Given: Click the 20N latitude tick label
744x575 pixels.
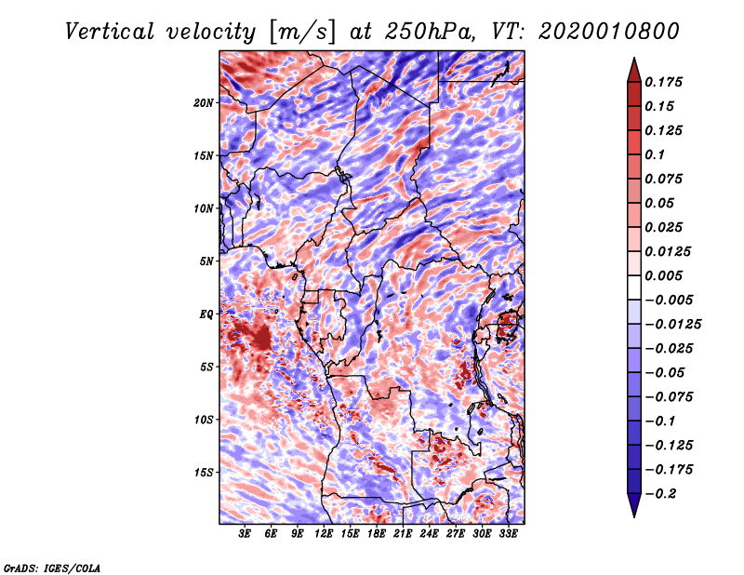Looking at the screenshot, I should pyautogui.click(x=204, y=102).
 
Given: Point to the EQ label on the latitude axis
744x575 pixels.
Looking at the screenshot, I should pyautogui.click(x=206, y=314).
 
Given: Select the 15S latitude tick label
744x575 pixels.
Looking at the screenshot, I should pyautogui.click(x=204, y=473).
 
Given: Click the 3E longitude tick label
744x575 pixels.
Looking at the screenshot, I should pyautogui.click(x=246, y=533).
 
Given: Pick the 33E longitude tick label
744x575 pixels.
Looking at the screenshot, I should pyautogui.click(x=509, y=533).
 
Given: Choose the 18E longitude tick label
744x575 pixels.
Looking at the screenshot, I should pyautogui.click(x=377, y=533).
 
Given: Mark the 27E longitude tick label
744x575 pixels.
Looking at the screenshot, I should pyautogui.click(x=456, y=533).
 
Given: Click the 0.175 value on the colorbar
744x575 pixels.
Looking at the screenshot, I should pyautogui.click(x=666, y=82).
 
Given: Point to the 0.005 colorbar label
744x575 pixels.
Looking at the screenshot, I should pyautogui.click(x=666, y=275).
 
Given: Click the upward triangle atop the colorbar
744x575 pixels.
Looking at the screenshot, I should pyautogui.click(x=633, y=67).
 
